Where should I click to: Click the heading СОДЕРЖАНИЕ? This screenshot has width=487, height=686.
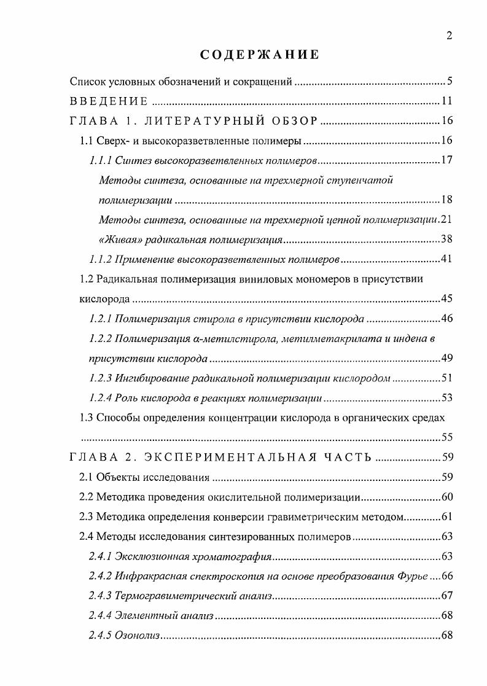click(260, 55)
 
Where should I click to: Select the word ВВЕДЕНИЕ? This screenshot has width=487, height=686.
click(108, 101)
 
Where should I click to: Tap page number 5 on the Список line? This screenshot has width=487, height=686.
click(450, 81)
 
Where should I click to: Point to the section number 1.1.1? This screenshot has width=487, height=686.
click(99, 161)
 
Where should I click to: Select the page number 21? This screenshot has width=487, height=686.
click(446, 219)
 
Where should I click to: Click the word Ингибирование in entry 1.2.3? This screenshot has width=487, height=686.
click(147, 378)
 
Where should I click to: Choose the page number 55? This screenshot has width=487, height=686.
click(446, 437)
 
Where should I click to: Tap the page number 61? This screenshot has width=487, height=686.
click(446, 516)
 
